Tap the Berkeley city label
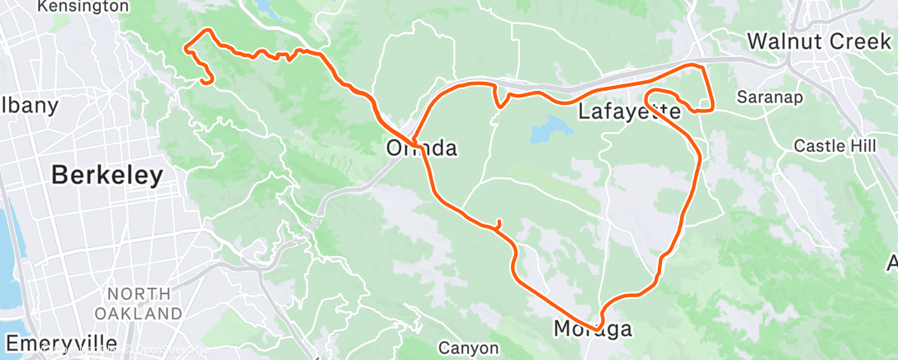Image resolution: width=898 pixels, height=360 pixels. click(107, 175)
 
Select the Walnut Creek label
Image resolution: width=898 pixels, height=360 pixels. click(820, 40)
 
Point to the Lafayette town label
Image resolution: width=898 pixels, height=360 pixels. click(628, 111)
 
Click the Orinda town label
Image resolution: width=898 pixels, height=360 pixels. click(422, 149)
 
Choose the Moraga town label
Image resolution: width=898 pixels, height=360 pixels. click(594, 329)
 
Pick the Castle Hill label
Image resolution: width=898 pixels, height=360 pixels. click(834, 145)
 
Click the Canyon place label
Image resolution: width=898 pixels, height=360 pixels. click(468, 348)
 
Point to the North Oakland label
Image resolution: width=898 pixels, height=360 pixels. click(138, 303)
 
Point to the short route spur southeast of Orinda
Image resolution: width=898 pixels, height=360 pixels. click(499, 224)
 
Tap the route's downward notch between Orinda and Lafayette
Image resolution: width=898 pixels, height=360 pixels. click(499, 103)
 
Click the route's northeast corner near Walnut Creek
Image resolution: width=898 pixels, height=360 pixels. click(702, 66)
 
